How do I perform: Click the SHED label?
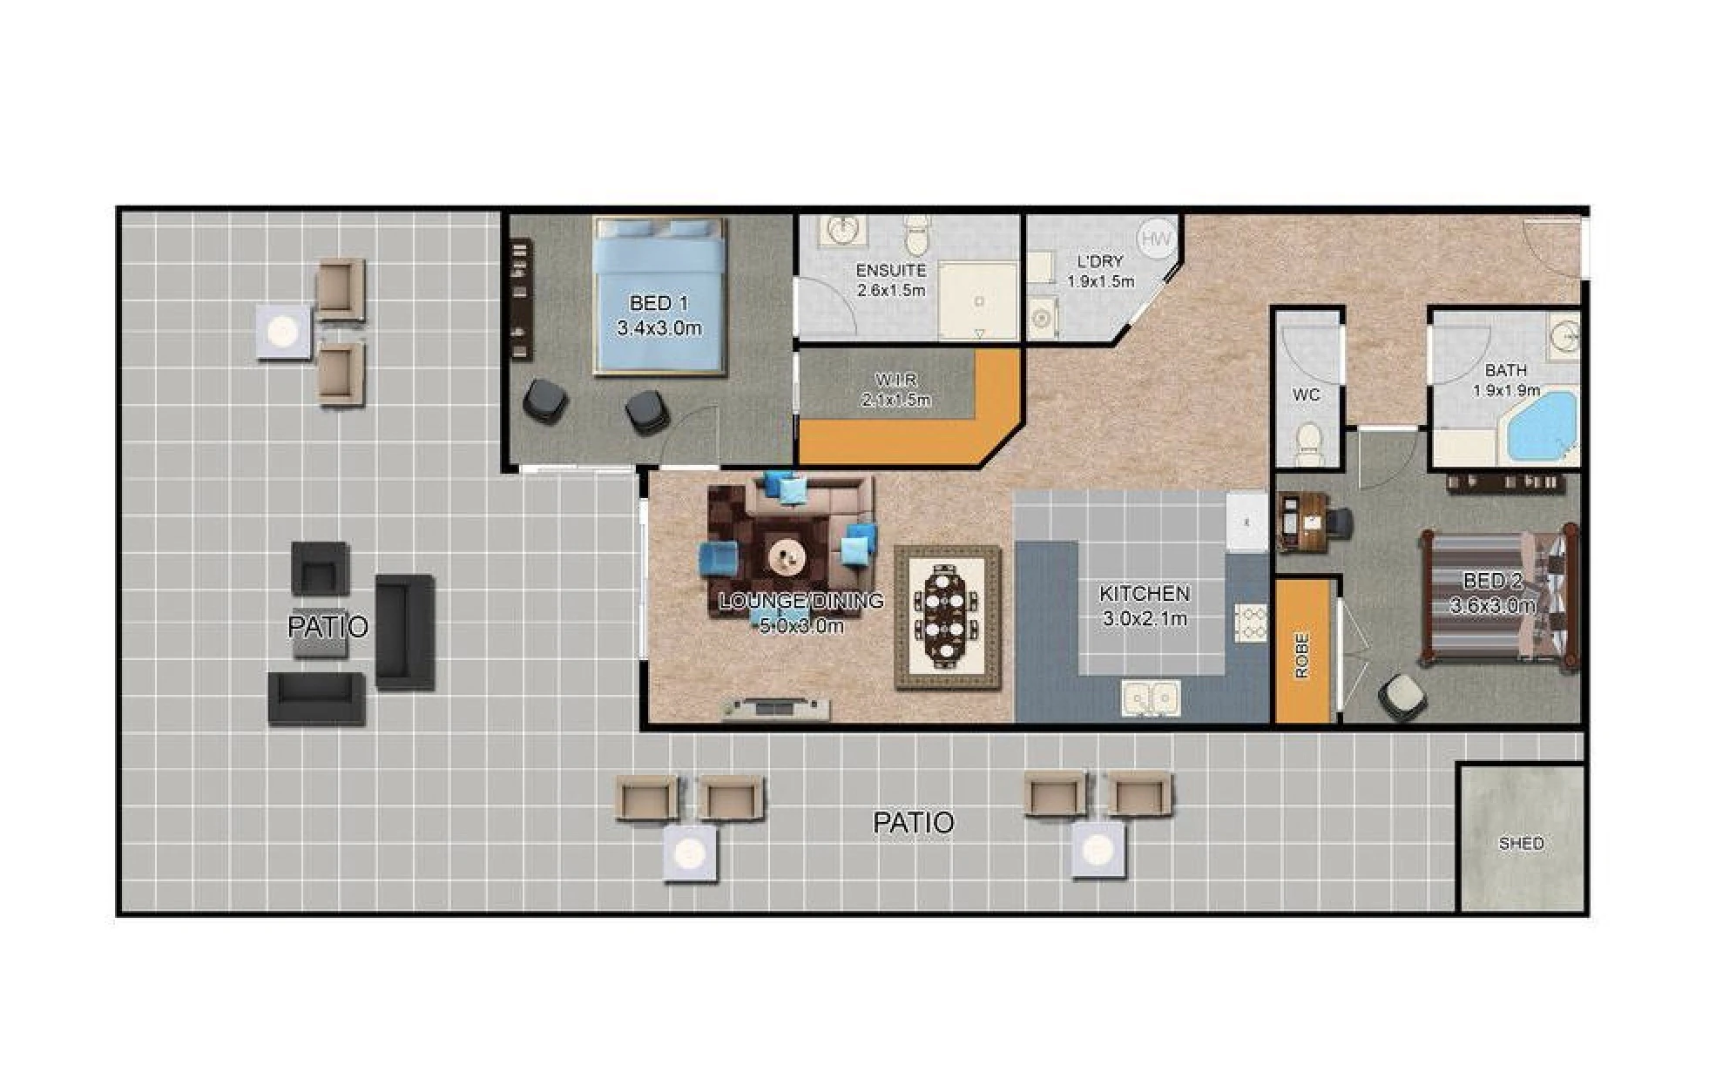[x=1520, y=843]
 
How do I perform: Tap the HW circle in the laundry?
[x=1156, y=237]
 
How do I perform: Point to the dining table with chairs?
[x=947, y=617]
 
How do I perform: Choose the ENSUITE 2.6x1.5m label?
[x=890, y=280]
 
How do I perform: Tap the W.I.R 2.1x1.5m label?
[x=895, y=390]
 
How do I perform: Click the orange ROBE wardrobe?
[x=1302, y=650]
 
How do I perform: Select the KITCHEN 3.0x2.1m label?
[x=1145, y=605]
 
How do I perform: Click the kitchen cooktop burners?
[x=1250, y=623]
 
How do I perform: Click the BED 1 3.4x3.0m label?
[x=659, y=315]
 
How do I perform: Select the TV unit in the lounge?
[x=775, y=709]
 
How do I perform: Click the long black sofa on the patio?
[x=404, y=632]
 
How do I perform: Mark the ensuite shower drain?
[x=979, y=301]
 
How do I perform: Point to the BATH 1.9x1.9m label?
[x=1506, y=381]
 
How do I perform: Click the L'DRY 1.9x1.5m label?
[x=1100, y=271]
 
